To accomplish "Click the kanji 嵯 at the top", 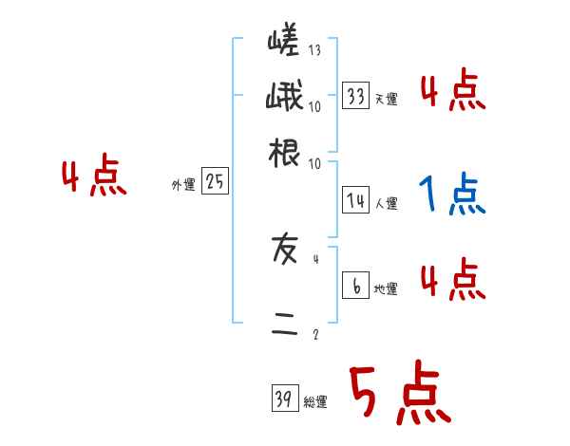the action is point(284,45).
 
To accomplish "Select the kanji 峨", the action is point(284,98).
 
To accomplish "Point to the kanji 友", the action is point(284,250).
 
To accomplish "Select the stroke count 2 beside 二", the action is point(315,334).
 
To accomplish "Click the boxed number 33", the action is point(355,97).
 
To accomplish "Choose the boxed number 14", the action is point(355,200).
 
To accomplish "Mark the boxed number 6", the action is point(355,286).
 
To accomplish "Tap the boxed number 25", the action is point(215,182).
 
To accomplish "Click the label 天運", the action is point(386,100).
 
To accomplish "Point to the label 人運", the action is point(386,203).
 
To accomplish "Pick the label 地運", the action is point(386,289).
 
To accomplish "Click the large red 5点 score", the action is point(399,395).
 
